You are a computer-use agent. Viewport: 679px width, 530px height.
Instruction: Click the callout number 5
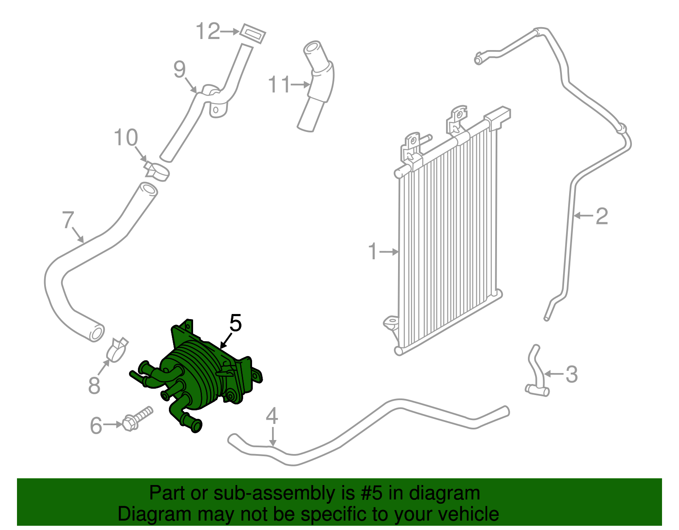tap(236, 323)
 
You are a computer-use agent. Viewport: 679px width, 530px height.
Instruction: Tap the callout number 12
tap(208, 31)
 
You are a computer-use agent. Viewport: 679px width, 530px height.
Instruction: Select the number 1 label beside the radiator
tap(373, 252)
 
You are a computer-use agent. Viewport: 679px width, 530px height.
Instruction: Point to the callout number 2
tap(602, 216)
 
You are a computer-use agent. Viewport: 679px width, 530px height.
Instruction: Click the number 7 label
tap(68, 220)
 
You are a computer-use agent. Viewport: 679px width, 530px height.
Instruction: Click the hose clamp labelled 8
tap(117, 349)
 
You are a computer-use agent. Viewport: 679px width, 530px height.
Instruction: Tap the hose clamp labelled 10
tap(157, 171)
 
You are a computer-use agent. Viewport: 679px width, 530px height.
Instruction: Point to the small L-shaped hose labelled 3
tap(536, 373)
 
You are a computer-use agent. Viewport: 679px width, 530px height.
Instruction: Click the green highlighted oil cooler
tap(204, 373)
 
